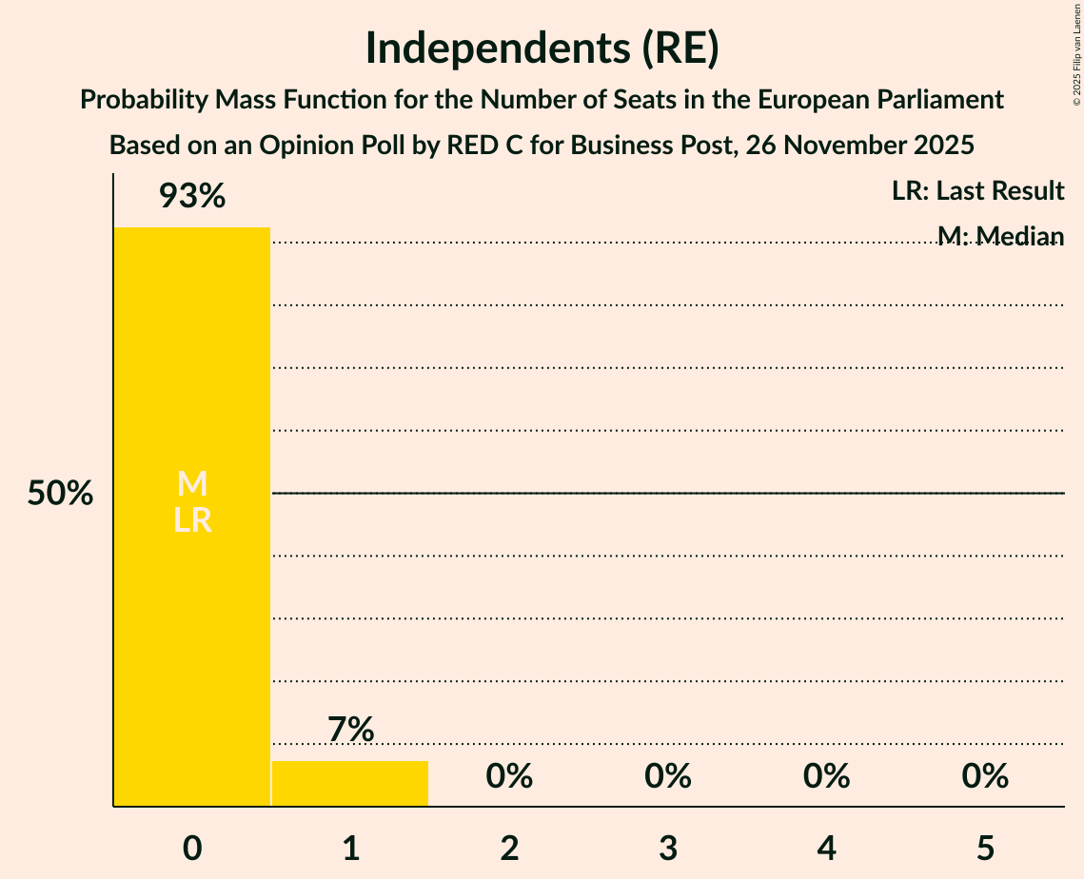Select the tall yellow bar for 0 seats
192,618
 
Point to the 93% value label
192,197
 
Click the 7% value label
350,730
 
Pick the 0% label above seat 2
509,776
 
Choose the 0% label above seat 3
668,776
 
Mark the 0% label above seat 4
826,776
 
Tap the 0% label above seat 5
985,776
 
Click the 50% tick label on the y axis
60,494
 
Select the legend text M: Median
1000,236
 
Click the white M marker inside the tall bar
192,484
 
